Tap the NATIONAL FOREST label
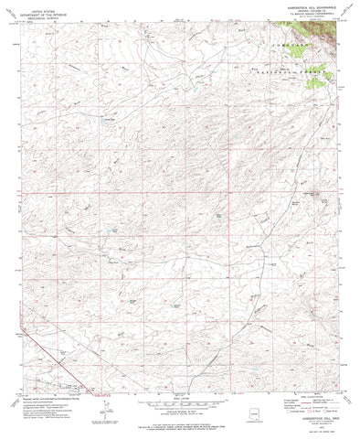coord(291,69)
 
